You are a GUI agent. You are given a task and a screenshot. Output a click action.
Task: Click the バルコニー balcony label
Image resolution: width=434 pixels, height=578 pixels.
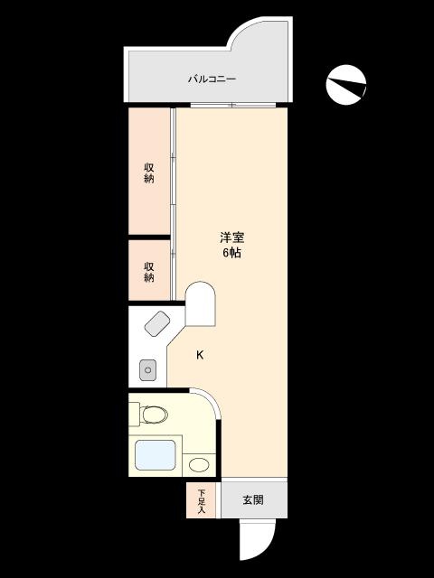pos(212,79)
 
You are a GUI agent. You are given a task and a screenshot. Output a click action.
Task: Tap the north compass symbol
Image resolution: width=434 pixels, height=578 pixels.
pos(346,85)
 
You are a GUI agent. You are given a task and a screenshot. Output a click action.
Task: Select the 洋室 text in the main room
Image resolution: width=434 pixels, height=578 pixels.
pos(232,238)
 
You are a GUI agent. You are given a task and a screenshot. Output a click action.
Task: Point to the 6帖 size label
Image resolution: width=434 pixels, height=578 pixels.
pos(232,253)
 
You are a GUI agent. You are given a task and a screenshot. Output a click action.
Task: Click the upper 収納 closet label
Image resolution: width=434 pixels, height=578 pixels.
pos(149,172)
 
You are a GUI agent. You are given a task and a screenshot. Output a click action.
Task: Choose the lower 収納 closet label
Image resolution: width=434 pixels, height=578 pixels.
pos(149,271)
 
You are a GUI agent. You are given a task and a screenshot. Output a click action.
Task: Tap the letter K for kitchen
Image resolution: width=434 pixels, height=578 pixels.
pos(200,355)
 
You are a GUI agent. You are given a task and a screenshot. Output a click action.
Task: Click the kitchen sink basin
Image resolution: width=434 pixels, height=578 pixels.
pos(148,369)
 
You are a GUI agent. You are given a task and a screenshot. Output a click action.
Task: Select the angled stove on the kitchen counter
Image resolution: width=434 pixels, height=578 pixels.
pos(157,322)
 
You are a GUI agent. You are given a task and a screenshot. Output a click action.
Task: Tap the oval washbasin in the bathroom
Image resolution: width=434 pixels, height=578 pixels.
pos(199,465)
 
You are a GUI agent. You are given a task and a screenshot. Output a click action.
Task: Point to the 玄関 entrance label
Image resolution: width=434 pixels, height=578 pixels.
pos(252,500)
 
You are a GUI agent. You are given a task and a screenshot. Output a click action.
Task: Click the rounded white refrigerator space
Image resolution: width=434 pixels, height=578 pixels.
pos(201,304)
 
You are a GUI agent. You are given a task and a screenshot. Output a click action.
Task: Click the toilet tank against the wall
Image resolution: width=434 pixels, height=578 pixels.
pos(134,415)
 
